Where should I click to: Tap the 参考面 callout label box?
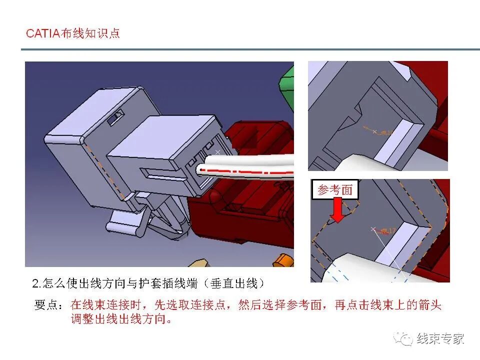pos(335,189)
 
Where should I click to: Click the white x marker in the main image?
pos(217,151)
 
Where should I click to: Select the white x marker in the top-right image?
pos(374,131)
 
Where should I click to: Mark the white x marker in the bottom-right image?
pos(373,229)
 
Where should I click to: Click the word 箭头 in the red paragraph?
pos(430,305)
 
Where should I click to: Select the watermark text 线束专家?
pos(440,338)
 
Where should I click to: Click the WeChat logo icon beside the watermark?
pos(403,338)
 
